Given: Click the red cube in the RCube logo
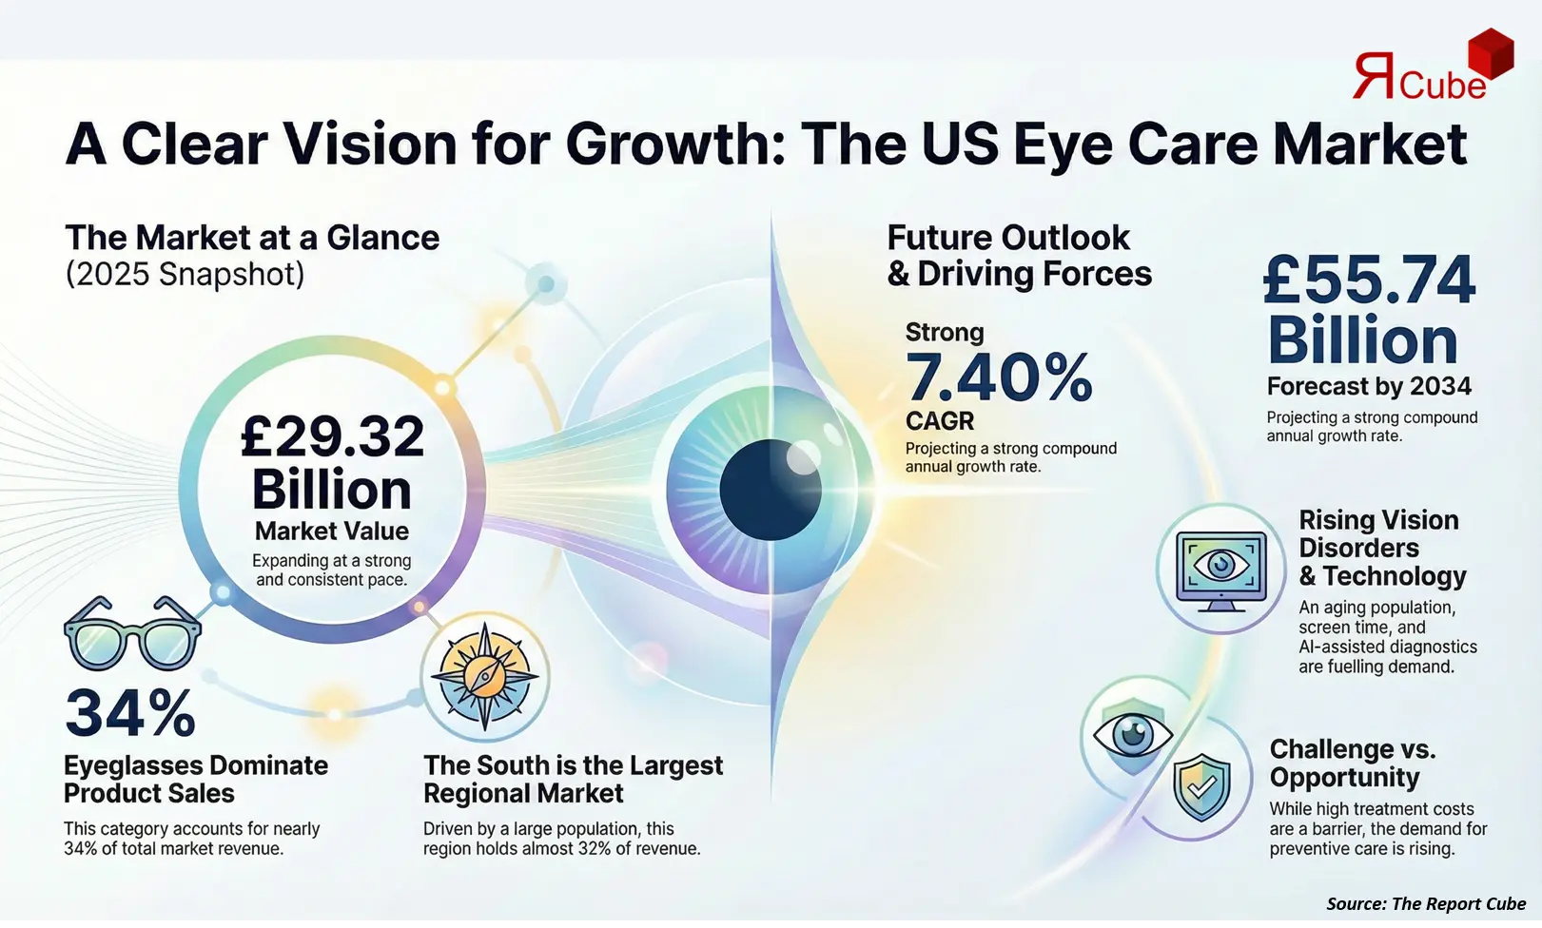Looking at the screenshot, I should (x=1490, y=53).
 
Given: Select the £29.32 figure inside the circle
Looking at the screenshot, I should (x=332, y=436).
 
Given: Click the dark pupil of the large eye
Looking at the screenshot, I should (x=770, y=490).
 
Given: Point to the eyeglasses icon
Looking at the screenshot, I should (x=132, y=634).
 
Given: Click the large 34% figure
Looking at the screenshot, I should (x=130, y=713).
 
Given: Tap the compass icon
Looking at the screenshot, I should (x=485, y=676).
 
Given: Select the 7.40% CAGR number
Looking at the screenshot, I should (x=998, y=377).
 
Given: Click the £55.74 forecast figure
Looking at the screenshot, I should (x=1369, y=280).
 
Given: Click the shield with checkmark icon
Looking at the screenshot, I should (x=1201, y=787).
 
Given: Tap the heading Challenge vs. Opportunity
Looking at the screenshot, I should (x=1352, y=763).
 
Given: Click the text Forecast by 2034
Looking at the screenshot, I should (x=1368, y=386).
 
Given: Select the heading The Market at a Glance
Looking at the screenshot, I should (x=252, y=238).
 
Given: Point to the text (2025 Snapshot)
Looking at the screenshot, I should (x=185, y=274).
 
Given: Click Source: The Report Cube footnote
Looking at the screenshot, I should (x=1425, y=903).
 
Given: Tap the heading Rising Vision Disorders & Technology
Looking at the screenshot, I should (x=1381, y=548).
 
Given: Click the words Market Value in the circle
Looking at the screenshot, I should (x=331, y=531).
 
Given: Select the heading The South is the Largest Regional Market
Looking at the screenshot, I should (x=573, y=779).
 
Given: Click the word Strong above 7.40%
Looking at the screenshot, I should (x=944, y=332).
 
